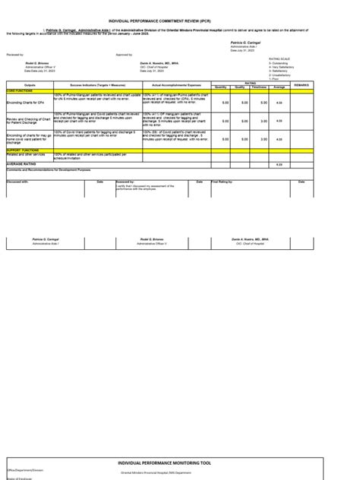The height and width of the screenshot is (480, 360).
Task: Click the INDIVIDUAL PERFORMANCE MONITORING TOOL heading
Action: point(180,441)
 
